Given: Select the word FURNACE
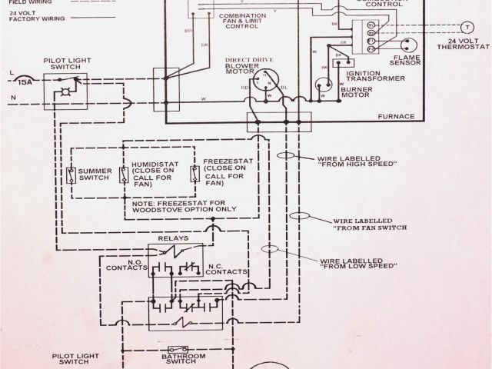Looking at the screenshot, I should pyautogui.click(x=396, y=116).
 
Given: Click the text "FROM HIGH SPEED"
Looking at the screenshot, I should pyautogui.click(x=357, y=164).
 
